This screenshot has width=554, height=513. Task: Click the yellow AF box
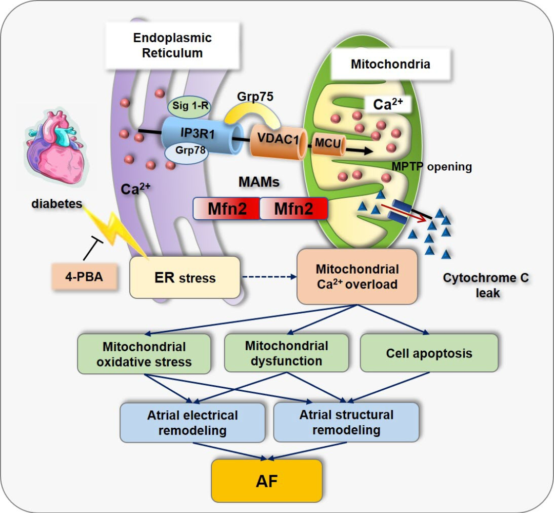point(267,481)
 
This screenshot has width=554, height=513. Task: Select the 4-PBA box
point(84,277)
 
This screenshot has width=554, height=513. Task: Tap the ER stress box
point(185,277)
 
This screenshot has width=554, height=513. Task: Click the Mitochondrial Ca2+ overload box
point(357,277)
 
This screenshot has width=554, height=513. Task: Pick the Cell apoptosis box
point(429,353)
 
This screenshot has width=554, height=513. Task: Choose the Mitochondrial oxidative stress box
point(144,354)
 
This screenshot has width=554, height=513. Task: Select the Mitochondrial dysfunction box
point(287,353)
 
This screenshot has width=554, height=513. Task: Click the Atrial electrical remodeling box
point(192,423)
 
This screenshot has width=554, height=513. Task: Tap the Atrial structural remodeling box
point(346,422)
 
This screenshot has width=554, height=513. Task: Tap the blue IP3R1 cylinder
point(202,136)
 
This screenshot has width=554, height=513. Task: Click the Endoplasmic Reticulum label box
point(172,45)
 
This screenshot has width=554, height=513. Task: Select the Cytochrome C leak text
point(486,285)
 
